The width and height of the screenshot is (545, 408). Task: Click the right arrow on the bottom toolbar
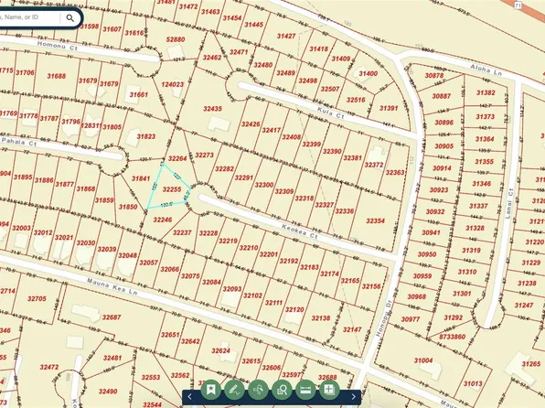pyautogui.click(x=354, y=397)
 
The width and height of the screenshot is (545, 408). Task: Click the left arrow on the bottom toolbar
pyautogui.click(x=188, y=397)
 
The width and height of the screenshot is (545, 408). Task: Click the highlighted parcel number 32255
pyautogui.click(x=171, y=188)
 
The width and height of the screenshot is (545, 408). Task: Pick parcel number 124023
pyautogui.click(x=173, y=84)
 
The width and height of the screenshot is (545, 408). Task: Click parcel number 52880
pyautogui.click(x=175, y=39)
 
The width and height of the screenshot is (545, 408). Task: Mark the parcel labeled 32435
pyautogui.click(x=212, y=109)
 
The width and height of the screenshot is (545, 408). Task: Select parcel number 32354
pyautogui.click(x=375, y=220)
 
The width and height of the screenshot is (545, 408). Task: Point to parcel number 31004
pyautogui.click(x=423, y=360)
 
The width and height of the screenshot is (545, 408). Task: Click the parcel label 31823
pyautogui.click(x=146, y=136)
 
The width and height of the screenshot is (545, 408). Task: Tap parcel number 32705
pyautogui.click(x=37, y=298)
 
